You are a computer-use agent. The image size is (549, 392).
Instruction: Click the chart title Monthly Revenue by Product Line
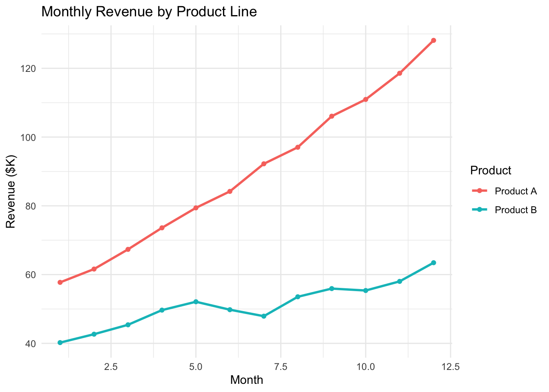pyautogui.click(x=149, y=12)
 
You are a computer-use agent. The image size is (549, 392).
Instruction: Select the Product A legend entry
pyautogui.click(x=515, y=191)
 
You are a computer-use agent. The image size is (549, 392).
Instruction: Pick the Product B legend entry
pyautogui.click(x=515, y=210)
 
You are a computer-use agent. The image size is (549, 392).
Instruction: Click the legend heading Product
pyautogui.click(x=491, y=170)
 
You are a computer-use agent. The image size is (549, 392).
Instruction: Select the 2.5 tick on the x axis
pyautogui.click(x=111, y=367)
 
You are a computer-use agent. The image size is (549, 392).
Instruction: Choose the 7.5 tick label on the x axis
pyautogui.click(x=281, y=367)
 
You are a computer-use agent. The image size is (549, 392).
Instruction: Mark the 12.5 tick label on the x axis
pyautogui.click(x=450, y=367)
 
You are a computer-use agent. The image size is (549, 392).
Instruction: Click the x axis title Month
pyautogui.click(x=246, y=380)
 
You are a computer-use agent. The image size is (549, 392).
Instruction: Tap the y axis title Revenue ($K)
pyautogui.click(x=11, y=192)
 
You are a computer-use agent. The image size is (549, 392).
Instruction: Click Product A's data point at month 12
pyautogui.click(x=433, y=40)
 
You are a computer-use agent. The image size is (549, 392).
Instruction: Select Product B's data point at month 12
pyautogui.click(x=433, y=263)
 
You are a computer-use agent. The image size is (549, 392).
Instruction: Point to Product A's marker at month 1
pyautogui.click(x=60, y=282)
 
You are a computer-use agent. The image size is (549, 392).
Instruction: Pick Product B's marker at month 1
pyautogui.click(x=60, y=343)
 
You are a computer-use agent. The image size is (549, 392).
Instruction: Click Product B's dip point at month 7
pyautogui.click(x=264, y=316)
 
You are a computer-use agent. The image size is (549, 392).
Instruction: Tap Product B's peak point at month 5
pyautogui.click(x=196, y=302)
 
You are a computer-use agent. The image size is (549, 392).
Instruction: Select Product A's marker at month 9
pyautogui.click(x=332, y=116)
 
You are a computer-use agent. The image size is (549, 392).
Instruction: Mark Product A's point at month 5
pyautogui.click(x=196, y=208)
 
